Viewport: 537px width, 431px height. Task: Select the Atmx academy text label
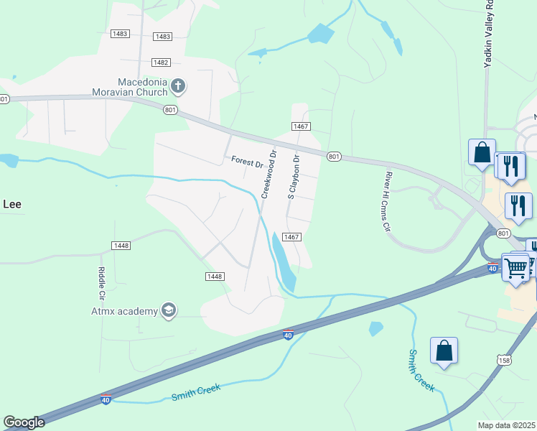(x=124, y=311)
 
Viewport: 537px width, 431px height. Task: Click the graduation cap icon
(x=169, y=310)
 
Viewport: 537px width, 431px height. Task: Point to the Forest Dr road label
(x=246, y=162)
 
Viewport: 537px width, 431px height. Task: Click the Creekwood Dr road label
(x=268, y=174)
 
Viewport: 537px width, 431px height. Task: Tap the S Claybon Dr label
(x=292, y=175)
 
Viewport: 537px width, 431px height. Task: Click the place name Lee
(x=12, y=204)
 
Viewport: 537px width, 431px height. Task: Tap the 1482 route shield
(x=161, y=62)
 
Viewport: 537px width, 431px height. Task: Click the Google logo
(x=24, y=422)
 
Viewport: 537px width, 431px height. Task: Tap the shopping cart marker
(x=515, y=268)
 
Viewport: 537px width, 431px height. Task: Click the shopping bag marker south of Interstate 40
(x=444, y=351)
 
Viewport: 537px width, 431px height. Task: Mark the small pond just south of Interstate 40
(x=375, y=329)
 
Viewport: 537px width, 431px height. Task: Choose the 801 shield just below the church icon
(x=170, y=109)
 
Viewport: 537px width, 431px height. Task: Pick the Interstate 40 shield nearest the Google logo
(x=106, y=399)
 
